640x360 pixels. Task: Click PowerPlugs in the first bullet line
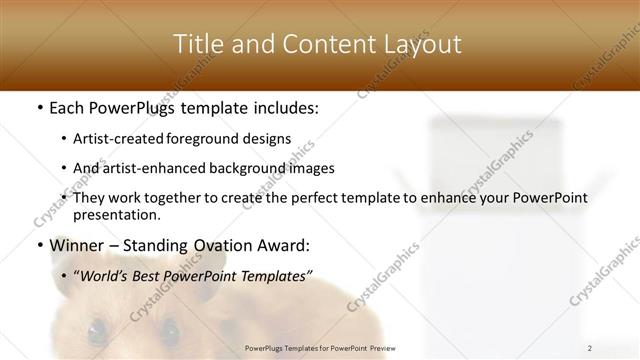[134, 107]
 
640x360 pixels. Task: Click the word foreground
[218, 138]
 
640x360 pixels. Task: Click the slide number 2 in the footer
[590, 348]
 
